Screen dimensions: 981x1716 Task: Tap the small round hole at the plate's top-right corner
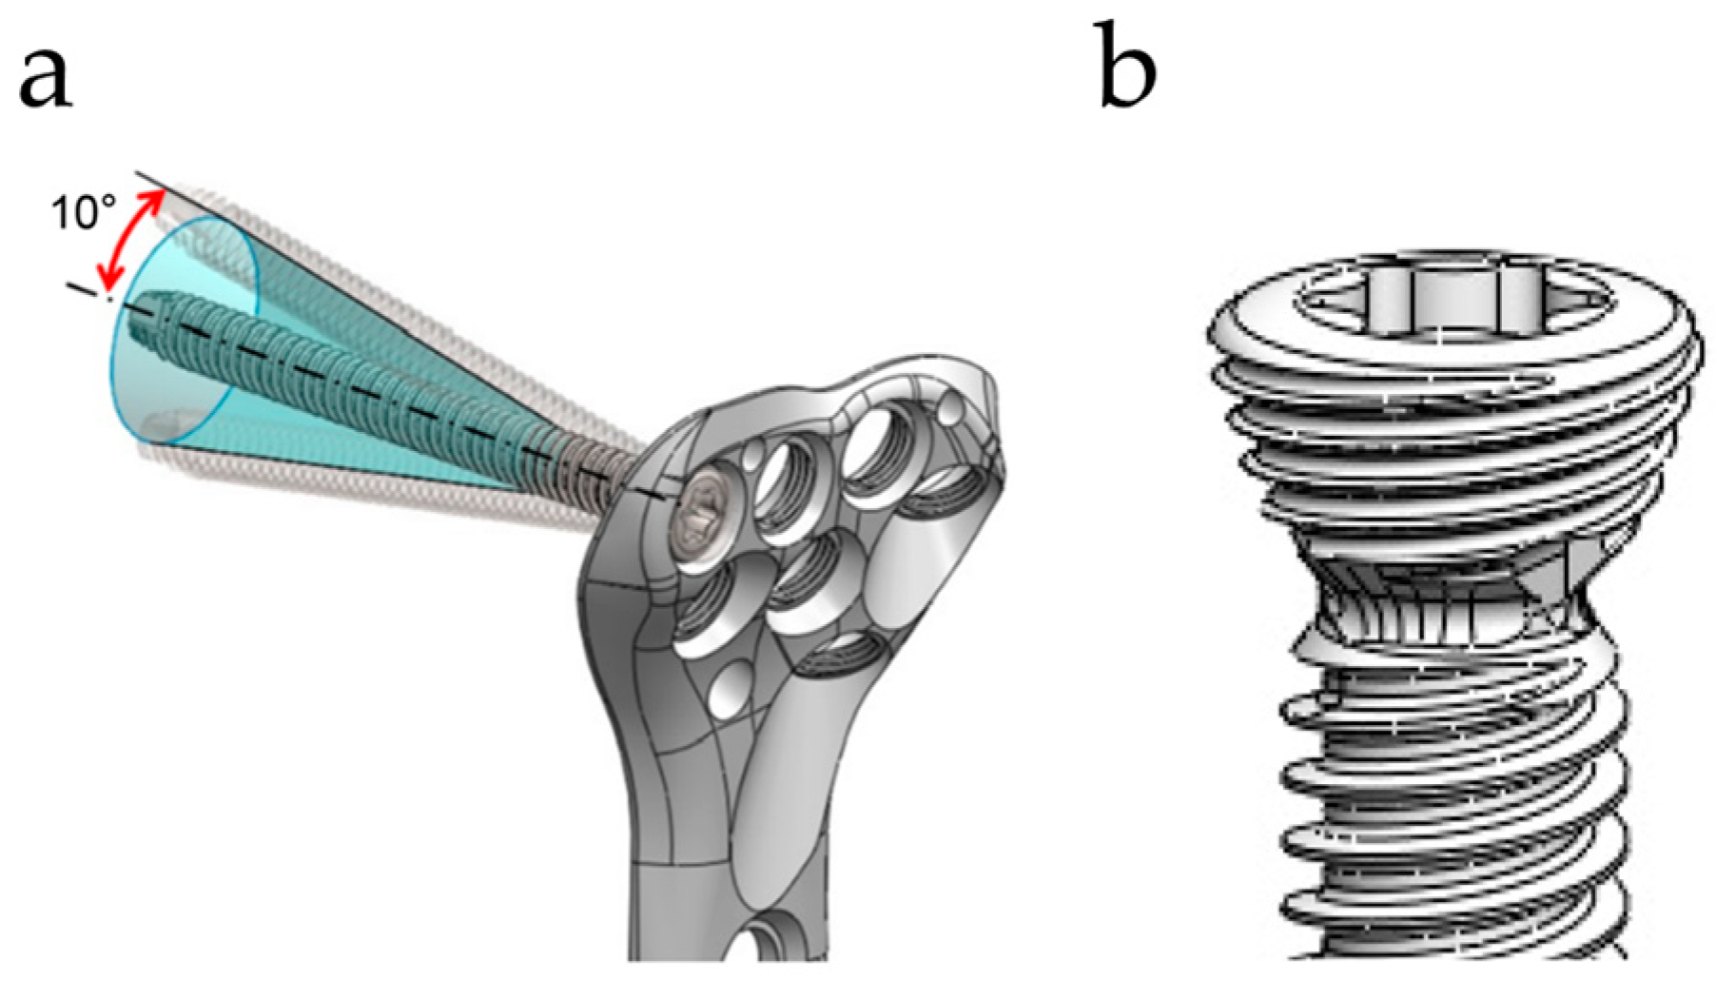pyautogui.click(x=950, y=411)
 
